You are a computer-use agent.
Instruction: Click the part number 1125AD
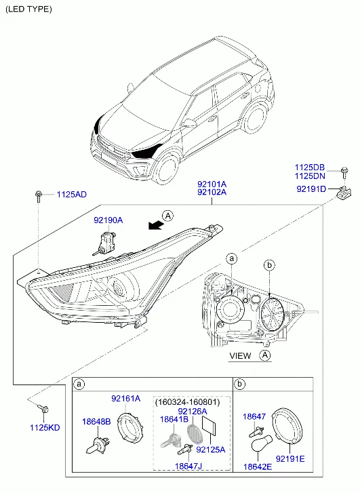tap(71, 195)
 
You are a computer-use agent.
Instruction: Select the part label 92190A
tap(108, 220)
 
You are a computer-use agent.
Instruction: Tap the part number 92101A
tap(212, 184)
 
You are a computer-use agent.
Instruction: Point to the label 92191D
tap(311, 189)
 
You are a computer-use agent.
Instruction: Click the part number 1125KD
tap(45, 428)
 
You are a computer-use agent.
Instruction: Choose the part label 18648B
tap(96, 422)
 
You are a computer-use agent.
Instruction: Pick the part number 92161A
tap(126, 399)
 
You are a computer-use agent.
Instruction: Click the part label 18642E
tap(258, 467)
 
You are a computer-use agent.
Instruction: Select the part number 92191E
tap(290, 459)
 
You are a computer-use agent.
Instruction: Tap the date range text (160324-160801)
tap(187, 402)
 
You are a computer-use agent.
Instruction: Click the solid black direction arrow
tap(156, 225)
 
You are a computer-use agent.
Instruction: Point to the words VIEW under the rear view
tap(240, 356)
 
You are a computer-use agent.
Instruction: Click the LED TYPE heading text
tap(28, 9)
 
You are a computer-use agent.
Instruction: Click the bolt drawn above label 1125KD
tap(43, 408)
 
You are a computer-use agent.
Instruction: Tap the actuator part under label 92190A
tap(104, 242)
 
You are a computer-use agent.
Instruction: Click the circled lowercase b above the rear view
tap(269, 265)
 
